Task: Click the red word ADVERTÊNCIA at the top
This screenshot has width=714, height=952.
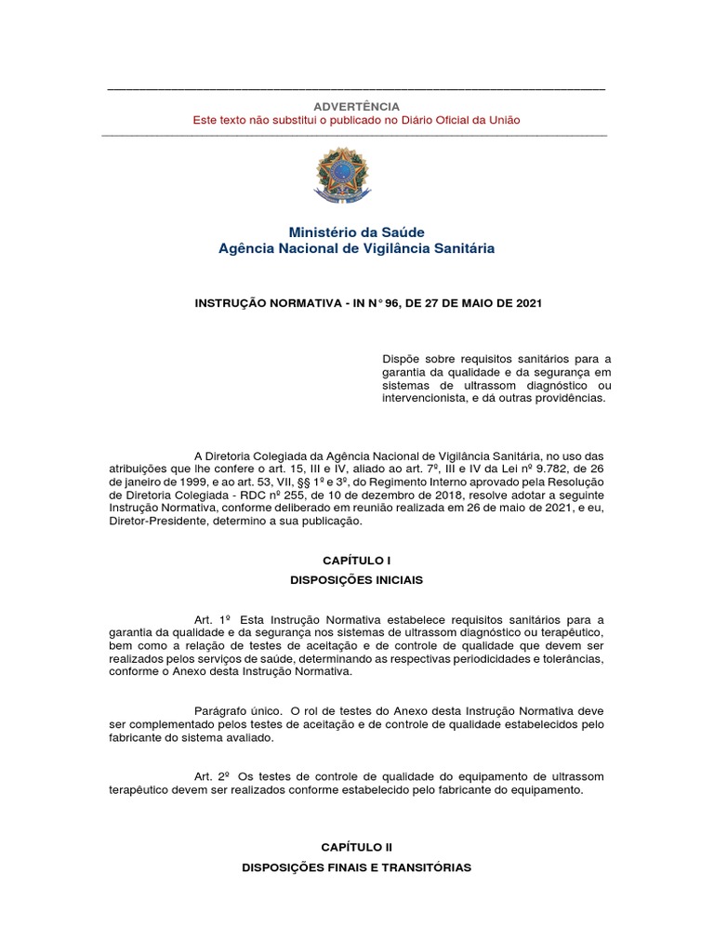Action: point(356,106)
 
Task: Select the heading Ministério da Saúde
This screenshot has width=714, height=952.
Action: point(356,231)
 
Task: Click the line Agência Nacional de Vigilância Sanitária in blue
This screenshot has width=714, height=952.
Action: point(356,248)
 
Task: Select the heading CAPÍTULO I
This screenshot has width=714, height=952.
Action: point(356,562)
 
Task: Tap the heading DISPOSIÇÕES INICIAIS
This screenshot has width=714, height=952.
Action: point(356,579)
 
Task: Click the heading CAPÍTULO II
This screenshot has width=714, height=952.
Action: point(356,848)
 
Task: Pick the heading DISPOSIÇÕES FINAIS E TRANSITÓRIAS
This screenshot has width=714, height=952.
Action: point(356,866)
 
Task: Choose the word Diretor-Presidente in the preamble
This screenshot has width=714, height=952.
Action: point(152,522)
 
